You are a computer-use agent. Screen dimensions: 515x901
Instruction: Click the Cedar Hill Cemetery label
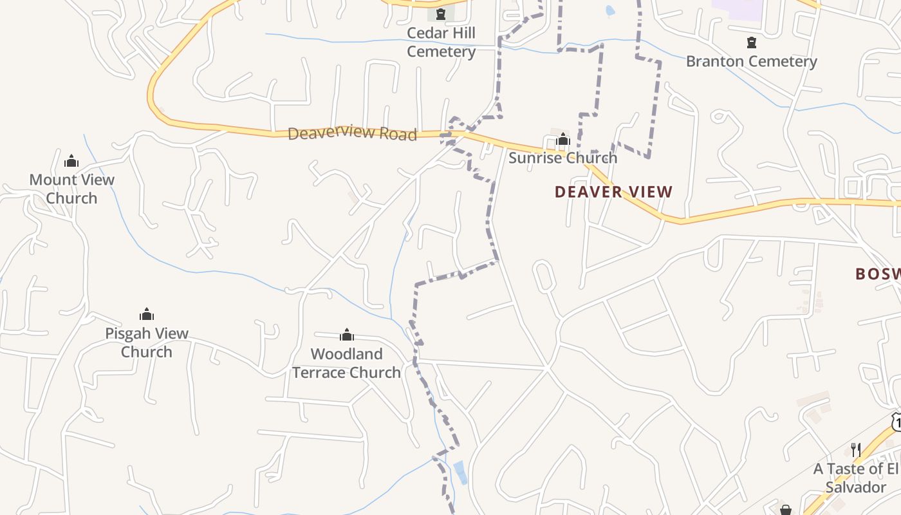pos(441,42)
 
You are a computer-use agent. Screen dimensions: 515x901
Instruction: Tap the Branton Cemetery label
pos(751,61)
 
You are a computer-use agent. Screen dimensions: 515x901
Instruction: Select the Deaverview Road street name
pos(352,133)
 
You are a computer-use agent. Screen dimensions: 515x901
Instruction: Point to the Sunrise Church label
pos(562,158)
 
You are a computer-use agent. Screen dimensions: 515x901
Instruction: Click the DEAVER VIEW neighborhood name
pos(613,192)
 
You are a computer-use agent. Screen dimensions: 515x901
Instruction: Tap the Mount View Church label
pos(71,189)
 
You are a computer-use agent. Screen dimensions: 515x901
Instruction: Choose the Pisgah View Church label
pos(147,342)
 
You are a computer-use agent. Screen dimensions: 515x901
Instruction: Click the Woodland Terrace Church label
pos(346,363)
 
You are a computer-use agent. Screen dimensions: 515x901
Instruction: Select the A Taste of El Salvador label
pos(855,478)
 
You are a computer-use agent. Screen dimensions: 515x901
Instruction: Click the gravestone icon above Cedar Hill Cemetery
pos(441,14)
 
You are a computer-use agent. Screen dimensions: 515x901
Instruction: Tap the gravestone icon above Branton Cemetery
pos(751,42)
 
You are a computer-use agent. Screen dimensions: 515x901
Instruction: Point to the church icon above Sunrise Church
pos(563,139)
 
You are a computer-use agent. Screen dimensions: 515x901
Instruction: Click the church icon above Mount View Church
pos(71,160)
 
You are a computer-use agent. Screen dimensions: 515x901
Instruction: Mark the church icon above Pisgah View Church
pos(147,314)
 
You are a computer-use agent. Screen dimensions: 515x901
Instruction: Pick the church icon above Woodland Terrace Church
pos(347,335)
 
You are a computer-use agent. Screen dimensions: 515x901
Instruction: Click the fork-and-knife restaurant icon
pos(855,449)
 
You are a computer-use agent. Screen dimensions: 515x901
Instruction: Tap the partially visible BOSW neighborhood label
pos(877,274)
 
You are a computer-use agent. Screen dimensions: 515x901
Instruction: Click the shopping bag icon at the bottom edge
pos(785,510)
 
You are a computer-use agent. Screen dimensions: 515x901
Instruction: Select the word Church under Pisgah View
pos(147,352)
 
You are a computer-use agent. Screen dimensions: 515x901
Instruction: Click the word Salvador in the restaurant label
pos(855,487)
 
